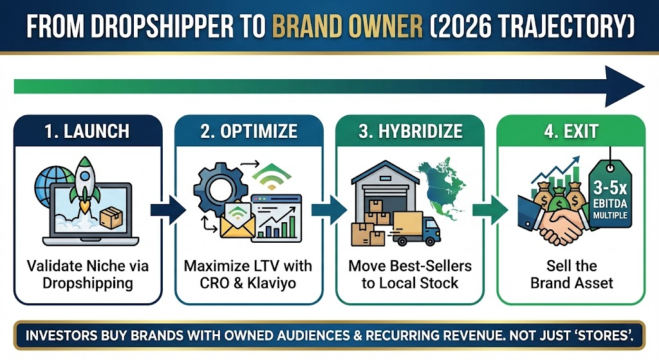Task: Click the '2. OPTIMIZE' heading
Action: pyautogui.click(x=248, y=131)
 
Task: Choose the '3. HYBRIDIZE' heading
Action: pyautogui.click(x=409, y=131)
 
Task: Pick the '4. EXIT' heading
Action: pyautogui.click(x=571, y=131)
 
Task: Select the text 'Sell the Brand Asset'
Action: pyautogui.click(x=571, y=274)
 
